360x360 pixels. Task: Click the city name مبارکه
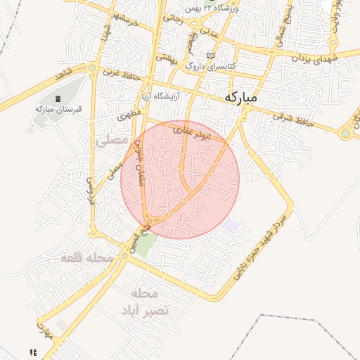coord(241,98)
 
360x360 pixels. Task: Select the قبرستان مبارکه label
coord(59,110)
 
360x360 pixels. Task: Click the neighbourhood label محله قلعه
coord(87,259)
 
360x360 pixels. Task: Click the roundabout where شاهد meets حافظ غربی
coord(93,68)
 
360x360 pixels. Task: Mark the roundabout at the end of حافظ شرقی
coord(345,132)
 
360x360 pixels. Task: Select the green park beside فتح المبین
coord(146,244)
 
